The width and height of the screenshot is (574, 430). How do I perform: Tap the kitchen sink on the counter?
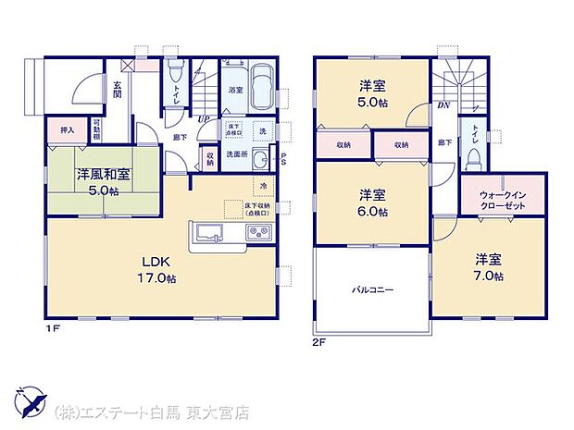(206, 233)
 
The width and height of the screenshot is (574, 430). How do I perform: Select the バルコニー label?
(372, 290)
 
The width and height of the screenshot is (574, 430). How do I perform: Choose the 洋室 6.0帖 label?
(373, 203)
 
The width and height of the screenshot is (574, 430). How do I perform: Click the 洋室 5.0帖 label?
(373, 95)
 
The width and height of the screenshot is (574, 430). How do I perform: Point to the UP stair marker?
(203, 119)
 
